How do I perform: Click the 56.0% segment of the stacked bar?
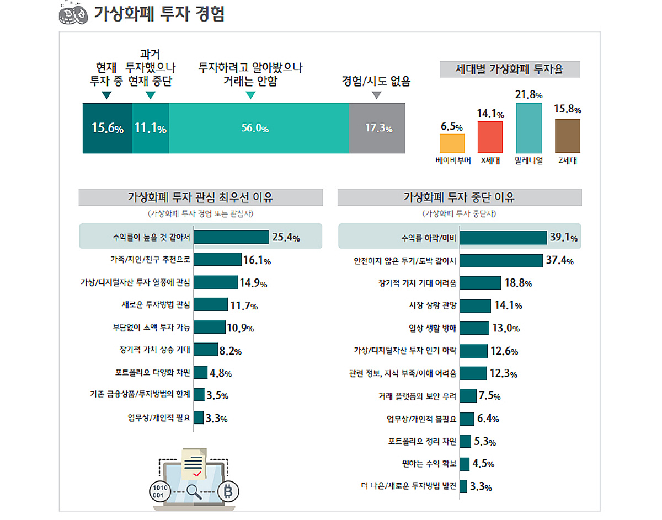coord(259,128)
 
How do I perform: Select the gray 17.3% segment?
coord(377,128)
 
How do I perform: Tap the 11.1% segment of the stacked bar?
coord(150,128)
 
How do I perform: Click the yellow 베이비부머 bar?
coord(452,143)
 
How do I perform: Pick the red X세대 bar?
coord(490,137)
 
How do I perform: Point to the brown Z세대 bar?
coord(567,136)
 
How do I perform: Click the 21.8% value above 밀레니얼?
coord(528,95)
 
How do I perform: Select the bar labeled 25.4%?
coord(231,237)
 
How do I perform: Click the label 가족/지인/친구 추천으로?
coord(150,259)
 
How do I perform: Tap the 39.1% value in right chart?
coord(563,238)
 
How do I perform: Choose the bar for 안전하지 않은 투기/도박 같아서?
coord(501,260)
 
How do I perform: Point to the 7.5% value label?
coord(489,396)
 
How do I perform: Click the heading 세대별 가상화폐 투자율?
coord(509,69)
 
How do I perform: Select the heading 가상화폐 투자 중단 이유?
coord(459,197)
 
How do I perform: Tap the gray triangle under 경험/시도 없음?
coord(376,95)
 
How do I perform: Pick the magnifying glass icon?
coord(193,491)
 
